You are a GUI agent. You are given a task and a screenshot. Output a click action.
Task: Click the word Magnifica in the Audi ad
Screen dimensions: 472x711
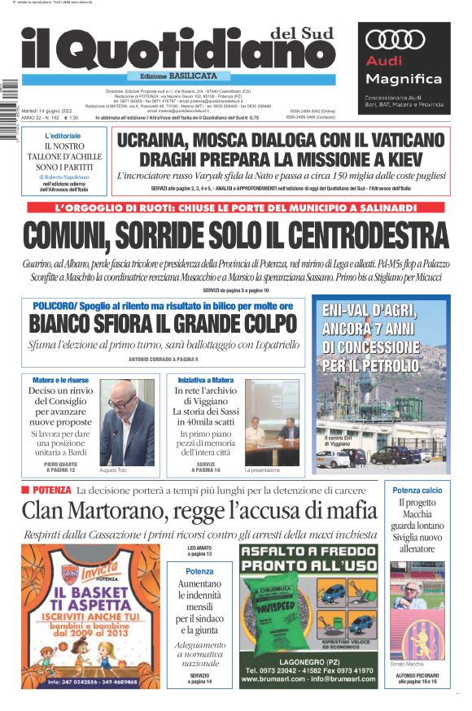(x=392, y=79)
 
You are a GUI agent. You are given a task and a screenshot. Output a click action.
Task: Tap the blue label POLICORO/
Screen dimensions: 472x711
(x=56, y=304)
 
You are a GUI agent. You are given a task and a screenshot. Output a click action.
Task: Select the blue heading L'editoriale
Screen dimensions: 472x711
(x=63, y=135)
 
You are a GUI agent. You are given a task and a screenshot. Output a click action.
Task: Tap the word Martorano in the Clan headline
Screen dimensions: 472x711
(x=131, y=511)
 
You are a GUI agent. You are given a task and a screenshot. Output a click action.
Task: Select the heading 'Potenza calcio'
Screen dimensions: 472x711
(x=417, y=491)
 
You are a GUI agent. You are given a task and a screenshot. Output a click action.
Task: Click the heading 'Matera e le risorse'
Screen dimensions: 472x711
(x=60, y=380)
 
